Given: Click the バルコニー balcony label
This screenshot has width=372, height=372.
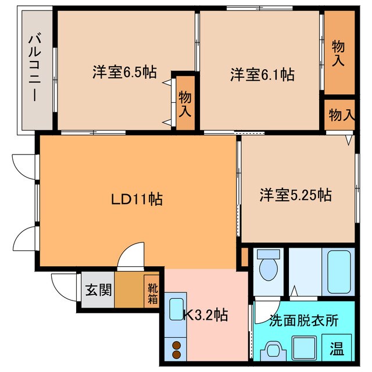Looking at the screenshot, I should pos(33,69).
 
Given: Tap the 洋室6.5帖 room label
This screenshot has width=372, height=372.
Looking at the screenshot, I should pos(124,73).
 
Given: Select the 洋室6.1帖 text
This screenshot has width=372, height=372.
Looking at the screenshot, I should pos(262,74).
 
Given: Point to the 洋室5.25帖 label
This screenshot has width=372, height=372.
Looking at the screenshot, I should pos(295,195).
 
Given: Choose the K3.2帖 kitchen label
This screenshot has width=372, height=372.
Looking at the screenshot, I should pos(205,315).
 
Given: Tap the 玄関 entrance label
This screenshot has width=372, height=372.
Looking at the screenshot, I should pos(95,288).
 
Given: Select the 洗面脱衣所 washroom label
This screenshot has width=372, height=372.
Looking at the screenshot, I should pos(303,320).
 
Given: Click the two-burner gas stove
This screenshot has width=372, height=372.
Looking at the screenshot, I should pos(176,350).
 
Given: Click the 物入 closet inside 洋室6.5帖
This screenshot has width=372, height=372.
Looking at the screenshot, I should pos(185,102).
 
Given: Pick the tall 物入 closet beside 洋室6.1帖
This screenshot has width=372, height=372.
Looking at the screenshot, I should pos(338,52).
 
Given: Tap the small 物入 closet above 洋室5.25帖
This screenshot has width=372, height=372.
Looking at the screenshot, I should pos(341,115).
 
